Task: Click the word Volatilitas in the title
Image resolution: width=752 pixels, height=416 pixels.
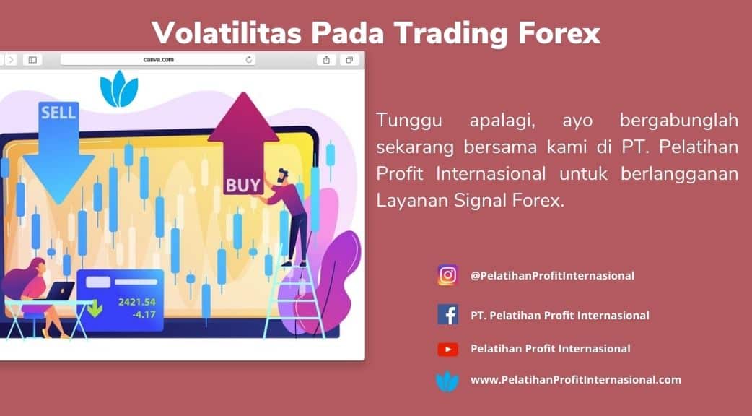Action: click(227, 32)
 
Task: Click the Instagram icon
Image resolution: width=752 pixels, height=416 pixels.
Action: click(447, 275)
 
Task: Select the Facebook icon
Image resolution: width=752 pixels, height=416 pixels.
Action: click(447, 315)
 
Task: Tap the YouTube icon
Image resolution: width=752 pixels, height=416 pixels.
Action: click(447, 349)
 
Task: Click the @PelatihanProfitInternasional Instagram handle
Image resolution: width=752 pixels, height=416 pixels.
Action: click(552, 275)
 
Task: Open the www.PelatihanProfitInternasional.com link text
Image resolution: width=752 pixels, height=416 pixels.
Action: click(575, 380)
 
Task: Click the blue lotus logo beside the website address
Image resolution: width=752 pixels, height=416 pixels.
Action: click(447, 381)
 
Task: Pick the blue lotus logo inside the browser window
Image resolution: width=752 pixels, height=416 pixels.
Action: click(119, 90)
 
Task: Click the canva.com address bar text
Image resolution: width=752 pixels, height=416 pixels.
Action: click(158, 59)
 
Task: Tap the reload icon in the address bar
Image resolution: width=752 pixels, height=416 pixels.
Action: click(248, 59)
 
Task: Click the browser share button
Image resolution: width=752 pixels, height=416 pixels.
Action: click(326, 59)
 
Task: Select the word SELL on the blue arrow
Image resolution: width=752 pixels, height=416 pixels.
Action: click(58, 113)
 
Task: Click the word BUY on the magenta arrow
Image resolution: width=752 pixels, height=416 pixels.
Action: click(242, 186)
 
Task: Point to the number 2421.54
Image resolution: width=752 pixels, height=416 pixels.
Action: click(136, 302)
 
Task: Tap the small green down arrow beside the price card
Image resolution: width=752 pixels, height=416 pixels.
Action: click(95, 308)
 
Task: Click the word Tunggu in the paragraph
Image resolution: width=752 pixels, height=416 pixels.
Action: click(409, 121)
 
